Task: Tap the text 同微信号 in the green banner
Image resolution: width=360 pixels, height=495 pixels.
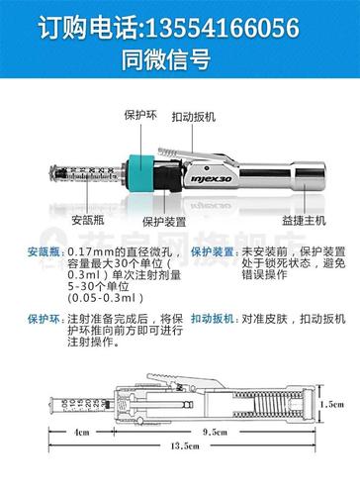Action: pos(179,58)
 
